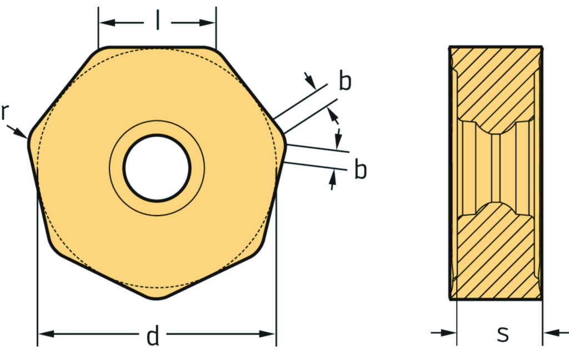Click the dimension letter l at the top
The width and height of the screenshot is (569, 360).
(x=157, y=22)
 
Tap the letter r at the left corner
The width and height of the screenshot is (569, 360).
(x=4, y=112)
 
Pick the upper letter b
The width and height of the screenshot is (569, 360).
(x=345, y=82)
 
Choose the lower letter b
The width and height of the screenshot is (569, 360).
(x=361, y=170)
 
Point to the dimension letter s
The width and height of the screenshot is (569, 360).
(x=502, y=333)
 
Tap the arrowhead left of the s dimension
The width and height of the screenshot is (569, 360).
(x=450, y=333)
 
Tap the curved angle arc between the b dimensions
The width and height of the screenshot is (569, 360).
(x=338, y=131)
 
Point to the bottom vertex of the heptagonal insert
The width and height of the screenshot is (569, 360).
(x=157, y=299)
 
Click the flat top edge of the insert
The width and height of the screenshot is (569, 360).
(x=157, y=47)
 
